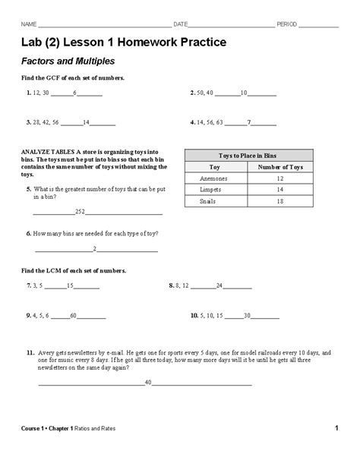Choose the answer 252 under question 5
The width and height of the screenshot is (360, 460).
[x=79, y=211]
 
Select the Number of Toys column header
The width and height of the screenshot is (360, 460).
[x=280, y=166]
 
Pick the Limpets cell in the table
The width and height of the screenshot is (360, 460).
[x=210, y=190]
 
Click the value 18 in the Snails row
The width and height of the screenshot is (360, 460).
[x=280, y=202]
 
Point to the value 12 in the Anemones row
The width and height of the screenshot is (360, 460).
[x=280, y=178]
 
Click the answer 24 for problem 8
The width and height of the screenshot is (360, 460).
[x=219, y=285]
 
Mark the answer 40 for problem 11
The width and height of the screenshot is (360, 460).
[x=148, y=382]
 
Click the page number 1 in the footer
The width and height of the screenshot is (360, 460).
[x=336, y=429]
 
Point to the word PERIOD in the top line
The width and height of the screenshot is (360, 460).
[x=286, y=24]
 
